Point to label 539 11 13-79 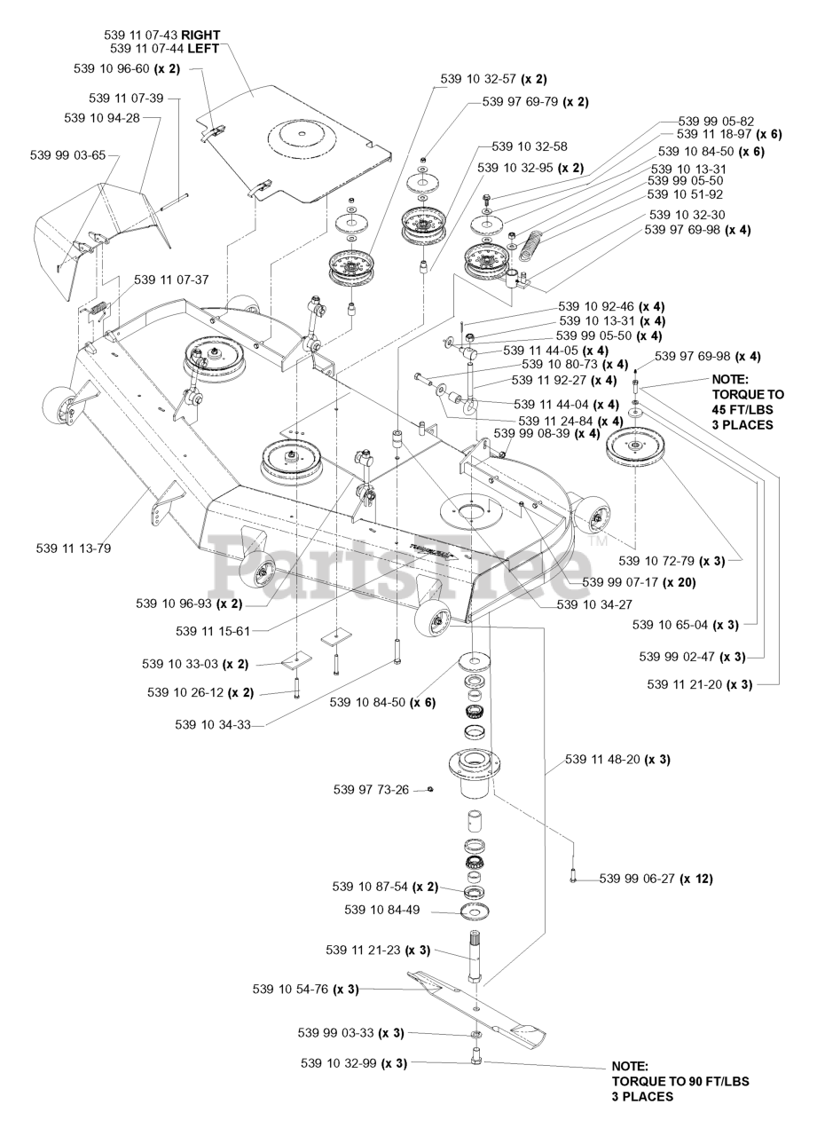pos(74,548)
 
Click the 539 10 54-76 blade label pos(305,989)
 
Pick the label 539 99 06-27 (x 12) pos(656,879)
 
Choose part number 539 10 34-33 pos(213,725)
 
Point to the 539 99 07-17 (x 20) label pos(639,583)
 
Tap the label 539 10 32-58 pos(530,146)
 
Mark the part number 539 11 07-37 pos(171,280)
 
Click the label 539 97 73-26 pos(371,789)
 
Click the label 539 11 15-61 pos(213,631)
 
